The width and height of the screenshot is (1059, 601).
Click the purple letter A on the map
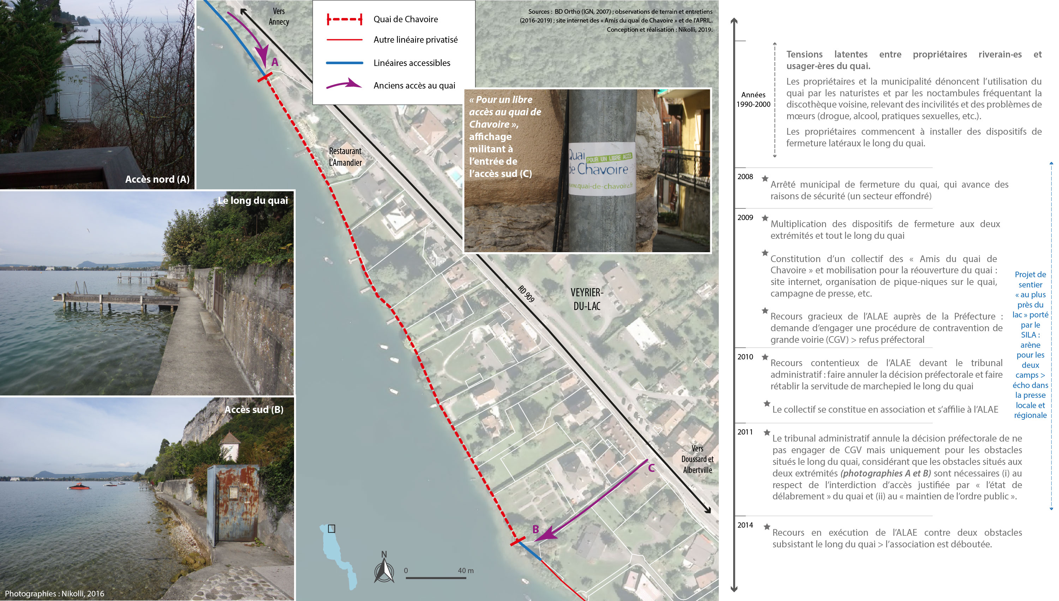pos(275,62)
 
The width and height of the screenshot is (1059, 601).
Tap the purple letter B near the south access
pos(536,529)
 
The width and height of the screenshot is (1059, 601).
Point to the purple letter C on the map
pos(651,468)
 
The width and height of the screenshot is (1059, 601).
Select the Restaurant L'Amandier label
pos(345,157)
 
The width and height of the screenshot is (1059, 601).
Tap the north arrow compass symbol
pos(384,567)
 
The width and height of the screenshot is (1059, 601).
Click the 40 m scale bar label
pos(466,570)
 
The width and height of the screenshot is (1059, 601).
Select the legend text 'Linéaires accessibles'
pos(412,63)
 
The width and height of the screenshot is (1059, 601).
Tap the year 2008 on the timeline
pos(745,177)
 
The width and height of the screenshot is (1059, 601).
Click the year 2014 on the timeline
pos(745,525)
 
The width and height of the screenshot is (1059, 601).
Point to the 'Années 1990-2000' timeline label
pos(753,99)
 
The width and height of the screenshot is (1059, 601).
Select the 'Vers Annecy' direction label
pos(279,17)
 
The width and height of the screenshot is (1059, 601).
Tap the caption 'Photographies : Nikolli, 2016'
pos(54,594)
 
